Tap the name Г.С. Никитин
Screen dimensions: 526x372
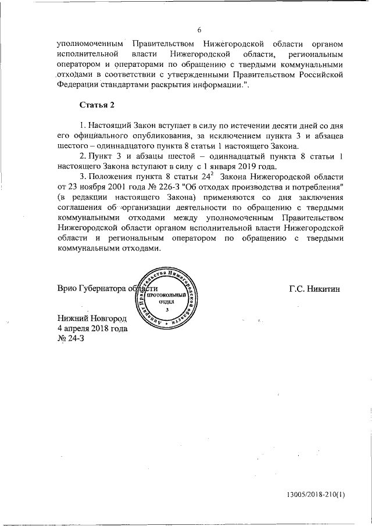[313, 289]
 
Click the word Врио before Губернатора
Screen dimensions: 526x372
[67, 289]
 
